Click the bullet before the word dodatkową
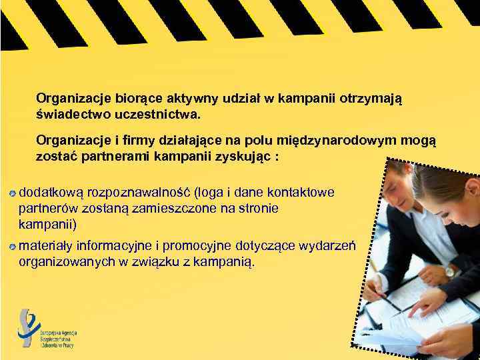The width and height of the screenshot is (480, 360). click(x=13, y=193)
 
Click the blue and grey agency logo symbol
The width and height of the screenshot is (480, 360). click(x=29, y=327)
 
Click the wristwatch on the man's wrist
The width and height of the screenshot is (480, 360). click(x=449, y=271)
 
